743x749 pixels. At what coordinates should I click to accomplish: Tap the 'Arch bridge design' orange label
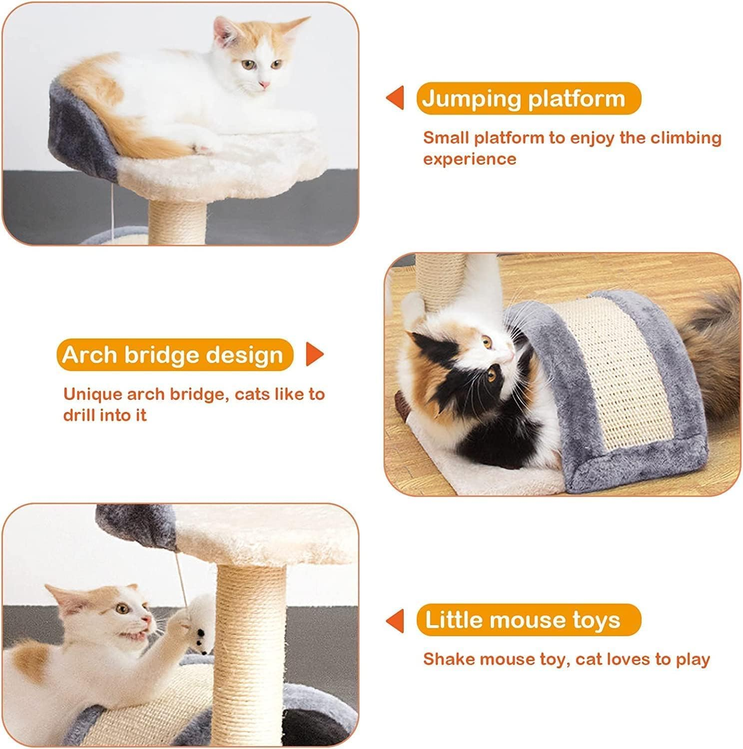tap(174, 355)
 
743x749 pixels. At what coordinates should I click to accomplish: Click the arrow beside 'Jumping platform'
tap(395, 98)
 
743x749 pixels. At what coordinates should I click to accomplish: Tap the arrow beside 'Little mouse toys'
tap(395, 620)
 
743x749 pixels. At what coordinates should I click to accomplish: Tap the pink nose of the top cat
tap(264, 85)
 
